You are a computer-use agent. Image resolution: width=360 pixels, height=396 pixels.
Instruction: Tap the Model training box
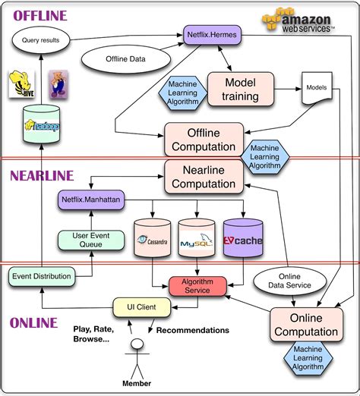point(239,90)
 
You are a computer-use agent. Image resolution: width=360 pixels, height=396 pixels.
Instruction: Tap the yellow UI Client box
point(140,307)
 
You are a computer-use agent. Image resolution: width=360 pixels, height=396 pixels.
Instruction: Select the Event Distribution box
point(42,277)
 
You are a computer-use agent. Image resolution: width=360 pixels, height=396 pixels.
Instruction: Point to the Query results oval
point(47,39)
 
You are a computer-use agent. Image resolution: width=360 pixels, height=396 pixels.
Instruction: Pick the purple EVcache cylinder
point(242,239)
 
